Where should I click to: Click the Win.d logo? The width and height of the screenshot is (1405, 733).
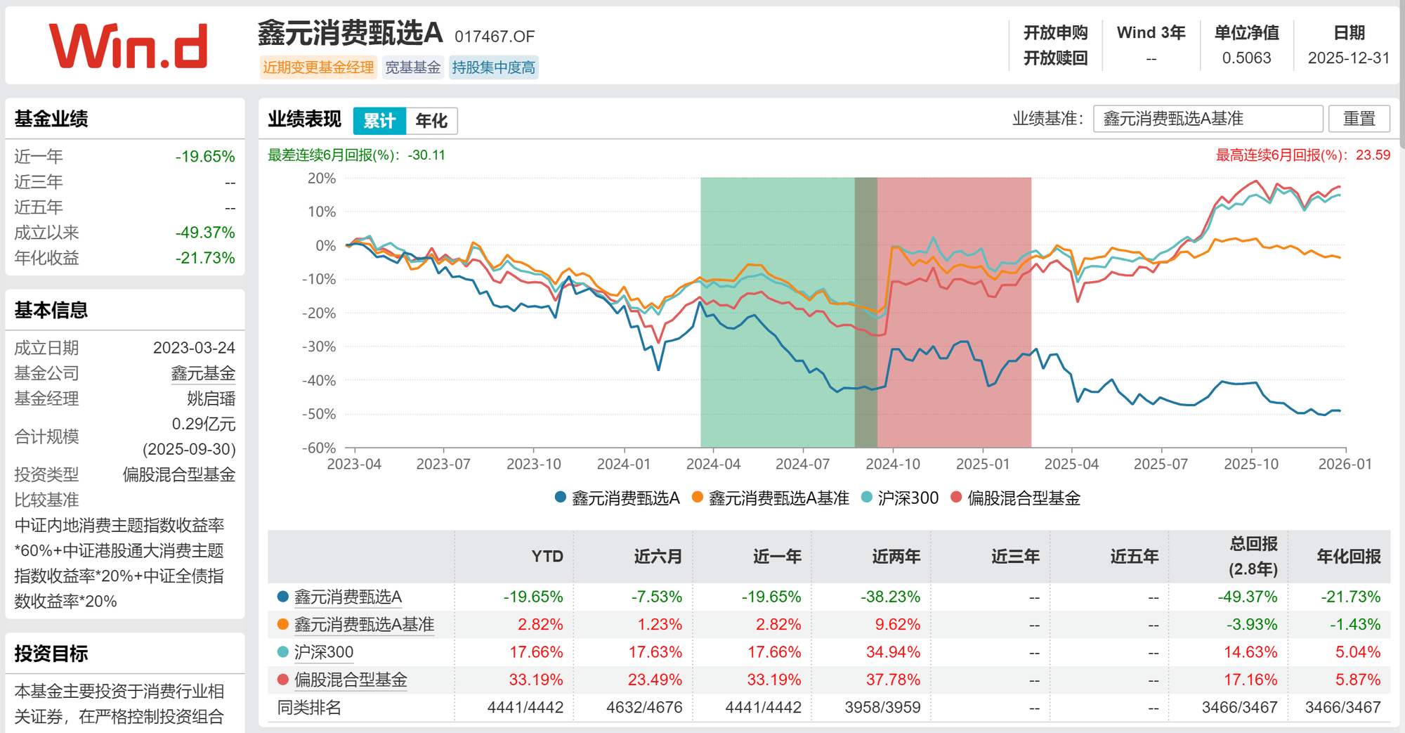click(128, 46)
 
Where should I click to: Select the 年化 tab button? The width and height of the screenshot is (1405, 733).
click(431, 121)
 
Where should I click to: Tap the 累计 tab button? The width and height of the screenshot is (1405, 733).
click(379, 121)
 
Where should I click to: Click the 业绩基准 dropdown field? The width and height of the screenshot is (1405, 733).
click(1208, 119)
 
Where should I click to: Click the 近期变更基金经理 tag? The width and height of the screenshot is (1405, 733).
click(318, 67)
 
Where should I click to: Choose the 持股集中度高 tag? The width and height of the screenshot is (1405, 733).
click(493, 67)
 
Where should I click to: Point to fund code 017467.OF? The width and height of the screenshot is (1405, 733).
click(495, 37)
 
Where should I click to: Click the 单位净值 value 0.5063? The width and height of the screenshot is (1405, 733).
click(1246, 58)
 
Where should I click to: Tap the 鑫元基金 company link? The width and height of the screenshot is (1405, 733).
click(203, 373)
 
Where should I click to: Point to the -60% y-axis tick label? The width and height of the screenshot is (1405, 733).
click(319, 448)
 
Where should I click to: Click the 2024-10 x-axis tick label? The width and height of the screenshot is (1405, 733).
click(892, 465)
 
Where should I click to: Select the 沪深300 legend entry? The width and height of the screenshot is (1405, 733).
click(900, 498)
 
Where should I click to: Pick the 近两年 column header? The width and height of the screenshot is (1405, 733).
click(896, 557)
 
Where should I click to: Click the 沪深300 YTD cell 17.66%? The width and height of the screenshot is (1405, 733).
click(536, 652)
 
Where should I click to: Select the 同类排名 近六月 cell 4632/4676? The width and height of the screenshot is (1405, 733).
click(643, 707)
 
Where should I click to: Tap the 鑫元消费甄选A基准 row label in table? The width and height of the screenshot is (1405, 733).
click(364, 625)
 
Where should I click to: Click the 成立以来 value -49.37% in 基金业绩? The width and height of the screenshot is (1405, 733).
click(205, 233)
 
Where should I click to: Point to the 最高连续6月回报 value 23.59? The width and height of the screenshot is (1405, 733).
click(1373, 155)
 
